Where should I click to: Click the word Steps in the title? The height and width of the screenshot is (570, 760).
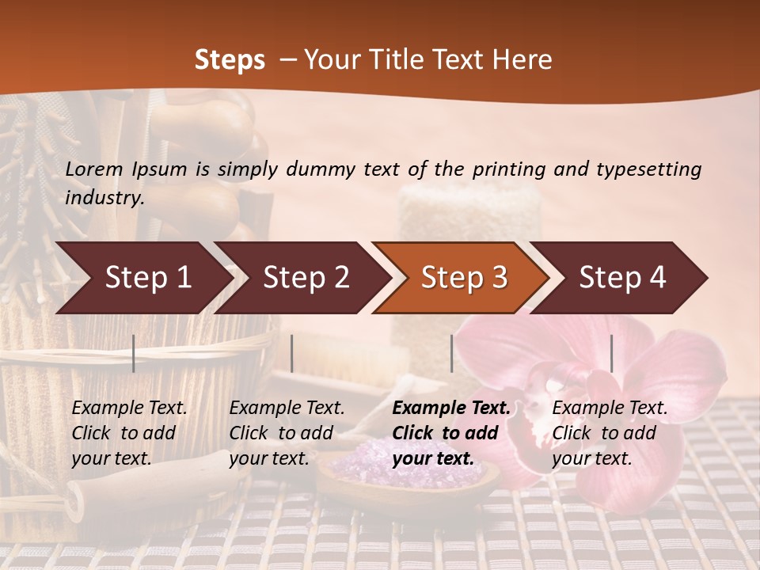(x=230, y=60)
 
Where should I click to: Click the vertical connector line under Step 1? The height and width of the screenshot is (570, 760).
(x=134, y=353)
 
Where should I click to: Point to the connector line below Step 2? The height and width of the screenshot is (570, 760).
(x=292, y=353)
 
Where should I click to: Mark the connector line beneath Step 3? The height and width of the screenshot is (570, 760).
(x=452, y=353)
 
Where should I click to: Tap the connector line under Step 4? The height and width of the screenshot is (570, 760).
(x=612, y=353)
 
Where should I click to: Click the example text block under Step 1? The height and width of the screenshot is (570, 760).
(x=129, y=433)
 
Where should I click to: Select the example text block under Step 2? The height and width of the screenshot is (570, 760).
(x=287, y=433)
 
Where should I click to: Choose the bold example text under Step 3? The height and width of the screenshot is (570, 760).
(x=451, y=433)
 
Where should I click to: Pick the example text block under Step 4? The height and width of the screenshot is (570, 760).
(x=610, y=433)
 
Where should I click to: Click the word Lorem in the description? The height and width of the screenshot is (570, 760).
(x=94, y=169)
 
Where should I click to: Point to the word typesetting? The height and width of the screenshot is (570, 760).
(x=652, y=169)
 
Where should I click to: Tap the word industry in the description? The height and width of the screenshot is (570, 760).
(x=104, y=198)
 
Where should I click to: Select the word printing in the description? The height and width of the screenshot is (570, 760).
(x=507, y=169)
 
